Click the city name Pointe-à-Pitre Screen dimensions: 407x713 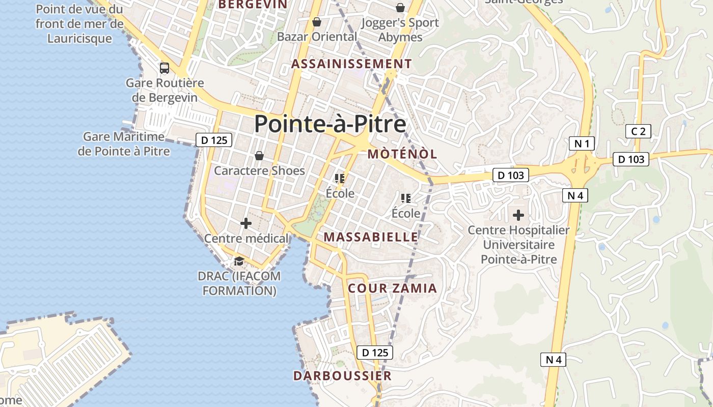[x=330, y=124]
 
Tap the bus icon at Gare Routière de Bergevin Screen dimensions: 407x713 [x=164, y=68]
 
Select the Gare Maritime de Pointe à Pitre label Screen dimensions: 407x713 [x=124, y=144]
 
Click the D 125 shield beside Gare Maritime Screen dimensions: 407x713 [x=214, y=140]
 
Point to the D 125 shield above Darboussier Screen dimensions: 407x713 [x=375, y=353]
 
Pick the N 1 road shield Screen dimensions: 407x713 [x=582, y=144]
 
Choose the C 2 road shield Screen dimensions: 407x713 [x=638, y=132]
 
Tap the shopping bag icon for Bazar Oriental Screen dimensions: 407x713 [x=317, y=22]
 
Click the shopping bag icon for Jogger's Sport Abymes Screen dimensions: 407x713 [x=400, y=8]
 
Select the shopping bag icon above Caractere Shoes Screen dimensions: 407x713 [x=259, y=155]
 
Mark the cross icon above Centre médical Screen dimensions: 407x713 [x=246, y=223]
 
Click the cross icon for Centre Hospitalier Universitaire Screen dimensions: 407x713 [x=518, y=215]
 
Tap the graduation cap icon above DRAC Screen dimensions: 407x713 [x=238, y=261]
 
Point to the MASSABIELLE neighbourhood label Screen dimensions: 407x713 [x=371, y=237]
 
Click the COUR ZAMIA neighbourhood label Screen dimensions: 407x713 [x=392, y=288]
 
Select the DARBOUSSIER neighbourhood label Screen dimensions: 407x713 [x=342, y=376]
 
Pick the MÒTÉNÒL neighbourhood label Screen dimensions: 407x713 [x=402, y=154]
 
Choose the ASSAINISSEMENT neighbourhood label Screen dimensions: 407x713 [x=351, y=64]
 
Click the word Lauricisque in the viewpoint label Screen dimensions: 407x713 [x=79, y=39]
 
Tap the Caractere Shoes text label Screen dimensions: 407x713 [x=259, y=171]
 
